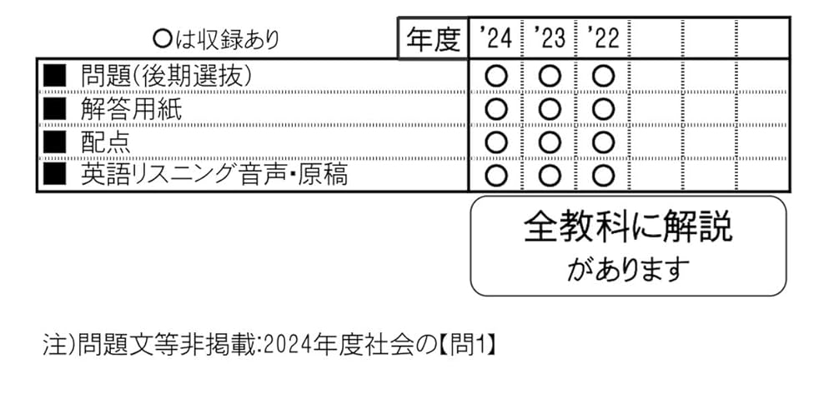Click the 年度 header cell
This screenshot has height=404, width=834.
point(433,39)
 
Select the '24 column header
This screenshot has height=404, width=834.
point(495,38)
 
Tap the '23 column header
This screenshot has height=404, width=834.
point(549,38)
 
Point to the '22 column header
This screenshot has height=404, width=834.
point(602,38)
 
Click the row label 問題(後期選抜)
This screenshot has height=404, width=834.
point(166,76)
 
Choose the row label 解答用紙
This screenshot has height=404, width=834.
point(131,109)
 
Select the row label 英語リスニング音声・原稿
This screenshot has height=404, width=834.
point(214,175)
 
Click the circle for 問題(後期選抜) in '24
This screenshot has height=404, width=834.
point(496,76)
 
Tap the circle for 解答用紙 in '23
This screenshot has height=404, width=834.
point(550,109)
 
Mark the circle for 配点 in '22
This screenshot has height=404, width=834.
point(603,142)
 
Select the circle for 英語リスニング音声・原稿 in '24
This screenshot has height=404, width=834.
point(496,176)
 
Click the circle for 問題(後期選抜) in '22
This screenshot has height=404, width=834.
point(603,76)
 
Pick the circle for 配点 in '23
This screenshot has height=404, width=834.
point(550,142)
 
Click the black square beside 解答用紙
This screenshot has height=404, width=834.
point(54,109)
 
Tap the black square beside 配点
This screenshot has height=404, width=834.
point(54,142)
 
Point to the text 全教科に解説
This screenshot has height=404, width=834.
point(628,227)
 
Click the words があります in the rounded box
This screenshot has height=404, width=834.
point(628,268)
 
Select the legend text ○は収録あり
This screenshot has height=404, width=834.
point(216,39)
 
